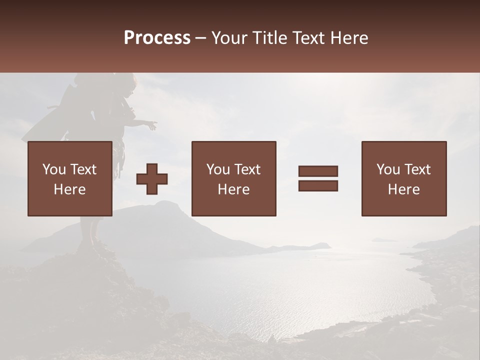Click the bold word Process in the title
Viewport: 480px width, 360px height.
(x=157, y=38)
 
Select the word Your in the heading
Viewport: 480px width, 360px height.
(x=229, y=38)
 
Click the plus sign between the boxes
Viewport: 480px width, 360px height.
(x=152, y=179)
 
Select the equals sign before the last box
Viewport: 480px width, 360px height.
(x=318, y=178)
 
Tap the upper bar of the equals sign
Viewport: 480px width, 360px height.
(x=318, y=171)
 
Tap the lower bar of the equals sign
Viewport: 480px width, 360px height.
(x=318, y=185)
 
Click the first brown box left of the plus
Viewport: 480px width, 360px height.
(x=70, y=178)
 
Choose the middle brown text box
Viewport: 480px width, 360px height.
(x=233, y=178)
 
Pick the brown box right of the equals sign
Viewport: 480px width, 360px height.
(x=404, y=178)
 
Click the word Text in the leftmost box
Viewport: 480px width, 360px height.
(x=83, y=169)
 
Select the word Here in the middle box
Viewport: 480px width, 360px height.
(x=233, y=189)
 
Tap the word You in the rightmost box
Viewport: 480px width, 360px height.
(x=388, y=169)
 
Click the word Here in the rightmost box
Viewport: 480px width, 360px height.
(x=403, y=189)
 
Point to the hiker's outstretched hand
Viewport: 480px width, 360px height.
(x=152, y=124)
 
